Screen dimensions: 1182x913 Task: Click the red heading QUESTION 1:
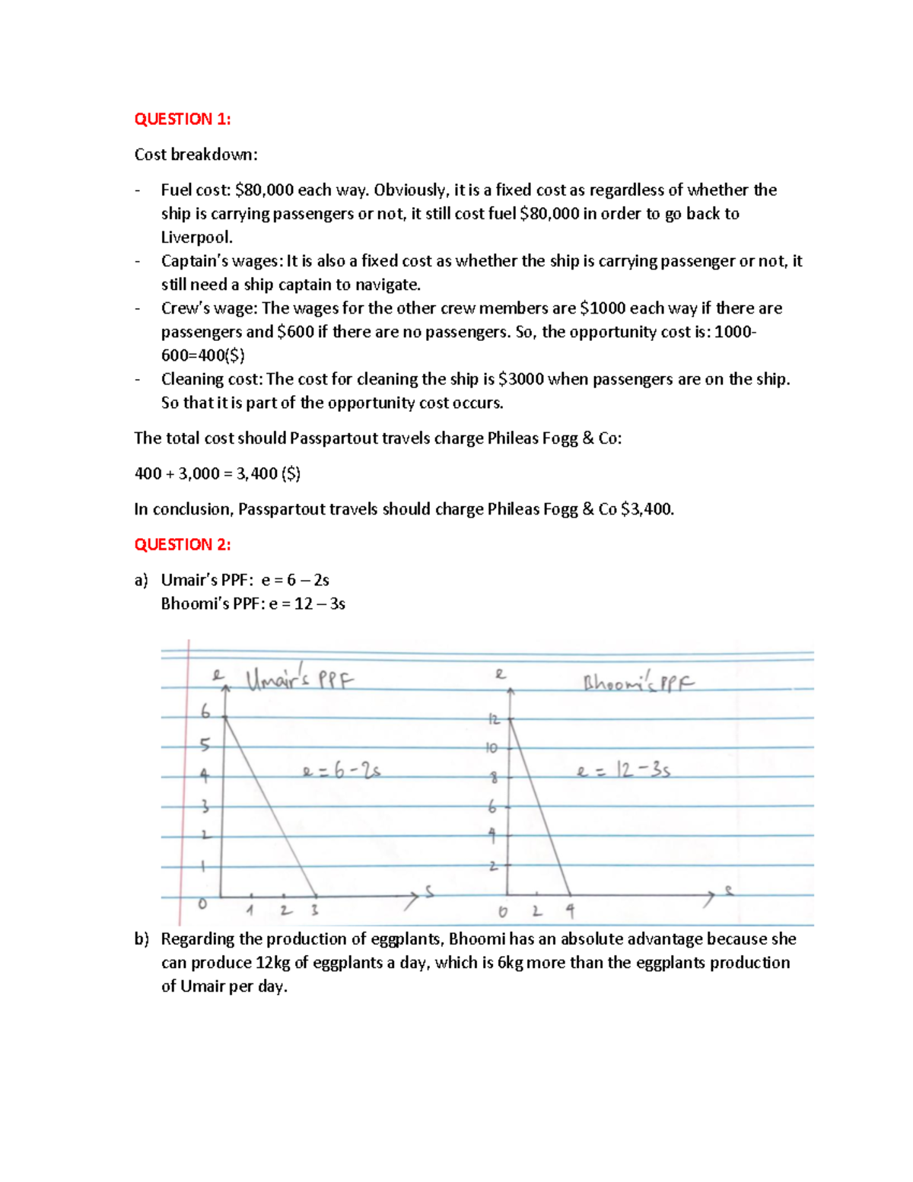pos(182,119)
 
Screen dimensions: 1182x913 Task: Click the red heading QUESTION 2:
pos(182,544)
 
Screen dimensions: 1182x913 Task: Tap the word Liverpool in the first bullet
pos(196,237)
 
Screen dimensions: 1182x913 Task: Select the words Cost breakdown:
pos(196,155)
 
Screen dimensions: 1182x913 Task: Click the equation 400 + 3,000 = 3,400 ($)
pos(217,473)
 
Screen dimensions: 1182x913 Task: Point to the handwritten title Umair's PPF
pos(300,678)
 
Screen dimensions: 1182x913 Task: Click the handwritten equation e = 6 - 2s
pos(341,771)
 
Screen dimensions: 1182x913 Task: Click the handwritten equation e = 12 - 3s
pos(623,771)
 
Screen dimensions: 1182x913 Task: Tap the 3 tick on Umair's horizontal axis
pos(314,910)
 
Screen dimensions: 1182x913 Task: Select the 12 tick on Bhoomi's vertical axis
pos(495,719)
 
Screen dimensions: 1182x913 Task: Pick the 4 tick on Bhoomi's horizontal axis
pos(570,910)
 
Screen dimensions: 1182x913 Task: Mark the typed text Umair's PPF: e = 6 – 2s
pos(245,580)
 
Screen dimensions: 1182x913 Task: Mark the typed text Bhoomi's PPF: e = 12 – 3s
pos(253,604)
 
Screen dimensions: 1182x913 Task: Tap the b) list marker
pos(142,939)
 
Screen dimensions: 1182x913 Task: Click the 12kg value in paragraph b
pos(273,963)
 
